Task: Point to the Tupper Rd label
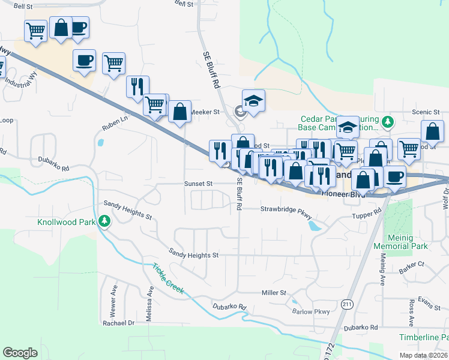[x=367, y=214]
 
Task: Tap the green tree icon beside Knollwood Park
[x=105, y=222]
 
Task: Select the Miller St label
[x=274, y=292]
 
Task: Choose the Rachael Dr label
[x=119, y=322]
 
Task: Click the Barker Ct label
[x=412, y=263]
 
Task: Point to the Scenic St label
[x=426, y=112]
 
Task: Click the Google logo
[x=20, y=352]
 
